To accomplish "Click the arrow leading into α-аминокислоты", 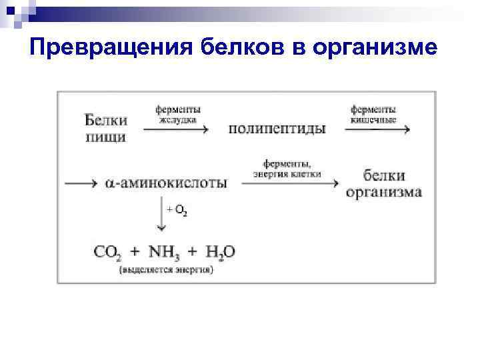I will point(82,182).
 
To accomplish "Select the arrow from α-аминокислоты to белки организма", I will point(291,182).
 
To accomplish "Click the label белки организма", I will point(383,183).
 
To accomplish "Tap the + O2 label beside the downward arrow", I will point(177,211).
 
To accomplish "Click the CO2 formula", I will point(108,252).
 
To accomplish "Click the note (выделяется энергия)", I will point(166,270).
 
